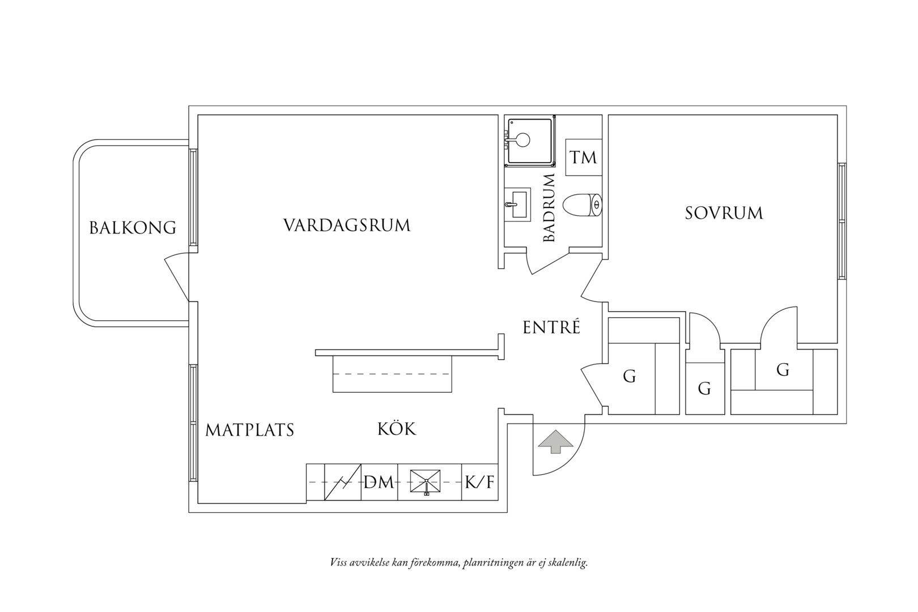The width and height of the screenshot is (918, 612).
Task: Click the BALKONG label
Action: point(133,228)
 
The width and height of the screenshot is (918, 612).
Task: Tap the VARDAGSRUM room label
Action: point(347,225)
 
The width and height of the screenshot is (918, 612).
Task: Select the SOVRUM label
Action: point(724,213)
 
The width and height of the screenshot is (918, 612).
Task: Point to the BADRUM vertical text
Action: point(549,207)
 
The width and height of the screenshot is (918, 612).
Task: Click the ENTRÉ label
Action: point(551,327)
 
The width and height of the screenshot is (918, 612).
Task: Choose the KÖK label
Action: point(396,428)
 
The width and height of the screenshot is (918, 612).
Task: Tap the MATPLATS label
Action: point(249,430)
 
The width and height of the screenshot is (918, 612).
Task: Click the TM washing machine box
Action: point(584,158)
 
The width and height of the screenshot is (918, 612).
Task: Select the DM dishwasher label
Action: point(379,482)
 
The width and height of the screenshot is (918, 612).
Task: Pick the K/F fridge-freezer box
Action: point(479,482)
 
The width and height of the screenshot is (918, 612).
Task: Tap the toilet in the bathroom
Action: point(583,205)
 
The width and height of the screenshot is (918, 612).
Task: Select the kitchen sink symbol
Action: point(426,482)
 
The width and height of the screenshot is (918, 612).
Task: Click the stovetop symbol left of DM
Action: point(343,482)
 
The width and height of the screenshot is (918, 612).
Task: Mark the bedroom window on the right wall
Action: point(841,222)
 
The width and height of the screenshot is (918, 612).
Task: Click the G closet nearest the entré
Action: point(630,376)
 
